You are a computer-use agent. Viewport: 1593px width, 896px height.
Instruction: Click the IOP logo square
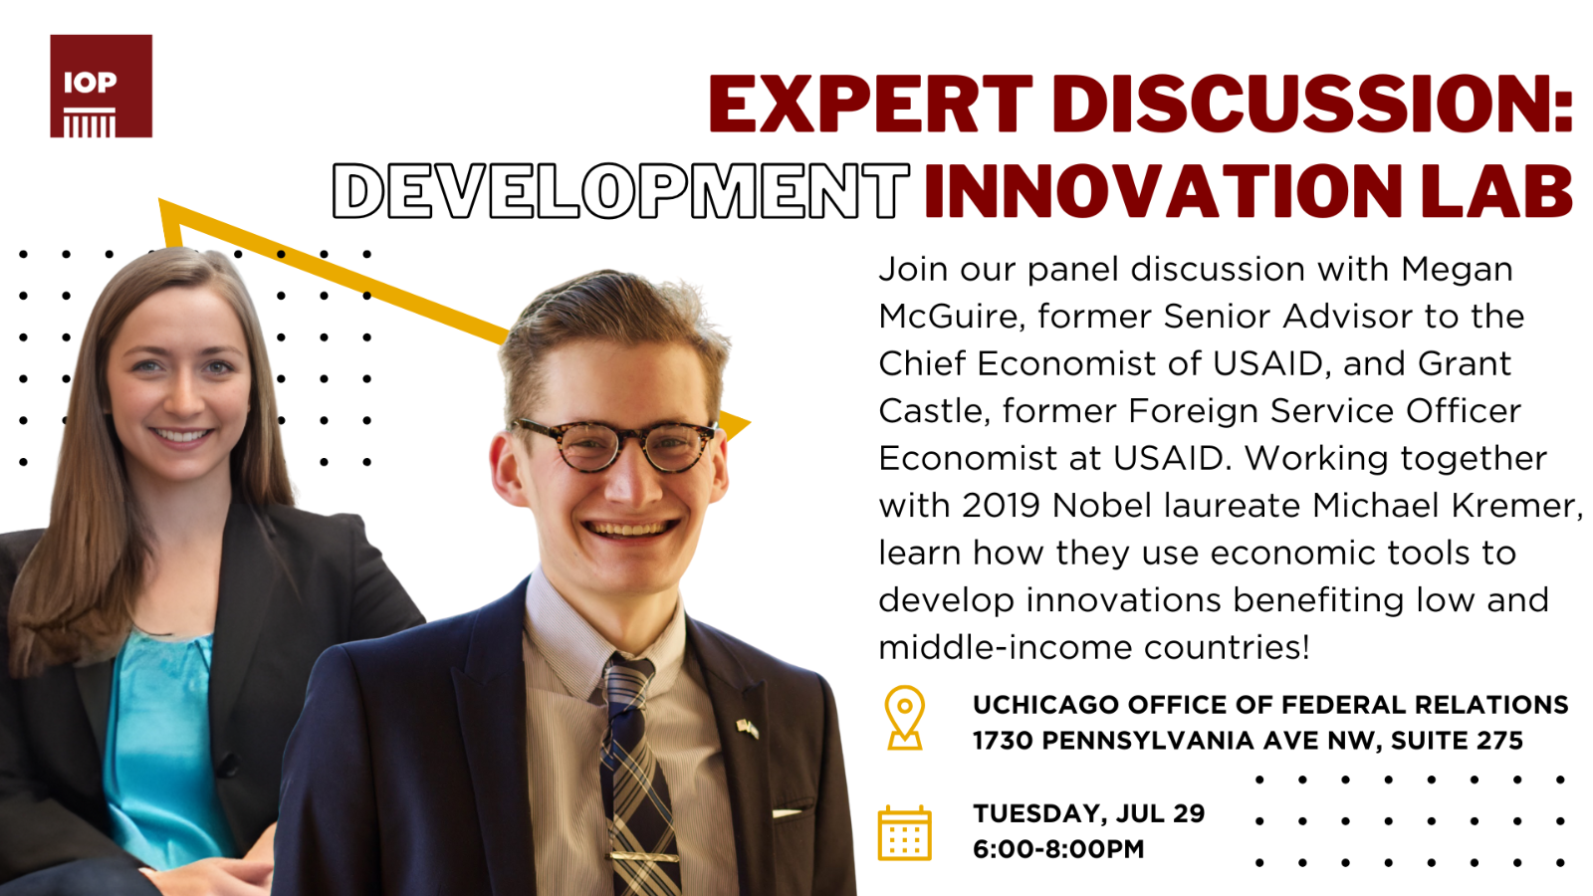click(x=101, y=86)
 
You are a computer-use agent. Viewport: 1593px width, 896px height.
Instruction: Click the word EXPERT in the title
click(x=870, y=105)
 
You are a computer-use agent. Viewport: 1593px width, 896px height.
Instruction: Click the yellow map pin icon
click(x=905, y=718)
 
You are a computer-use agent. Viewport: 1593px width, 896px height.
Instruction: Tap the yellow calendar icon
click(x=905, y=832)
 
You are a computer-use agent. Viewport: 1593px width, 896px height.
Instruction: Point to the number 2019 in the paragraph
click(x=1001, y=506)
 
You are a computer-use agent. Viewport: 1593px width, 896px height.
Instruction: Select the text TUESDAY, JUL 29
click(x=1089, y=813)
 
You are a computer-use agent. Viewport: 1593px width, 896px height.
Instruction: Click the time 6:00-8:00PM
click(x=1058, y=849)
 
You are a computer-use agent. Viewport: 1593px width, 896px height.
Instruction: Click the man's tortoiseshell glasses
click(x=615, y=444)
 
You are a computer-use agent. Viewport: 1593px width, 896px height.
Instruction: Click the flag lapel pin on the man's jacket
click(x=748, y=729)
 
